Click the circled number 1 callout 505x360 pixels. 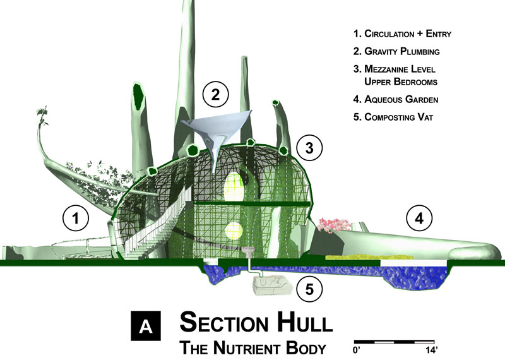[75, 218]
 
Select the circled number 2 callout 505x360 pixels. [215, 94]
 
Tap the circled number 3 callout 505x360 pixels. [309, 148]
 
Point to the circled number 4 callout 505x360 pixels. [419, 219]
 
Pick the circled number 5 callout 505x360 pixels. [309, 289]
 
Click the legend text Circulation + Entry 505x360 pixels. [408, 33]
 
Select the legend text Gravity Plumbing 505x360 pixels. [402, 51]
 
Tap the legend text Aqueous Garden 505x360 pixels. [401, 99]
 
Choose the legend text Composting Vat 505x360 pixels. [399, 117]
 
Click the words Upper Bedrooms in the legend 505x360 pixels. [401, 81]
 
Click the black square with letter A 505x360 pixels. [146, 326]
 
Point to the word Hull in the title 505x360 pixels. [305, 322]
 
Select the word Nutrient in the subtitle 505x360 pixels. [247, 348]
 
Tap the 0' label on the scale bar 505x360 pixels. [357, 350]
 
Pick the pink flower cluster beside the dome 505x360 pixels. [333, 225]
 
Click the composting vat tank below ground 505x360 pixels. [273, 285]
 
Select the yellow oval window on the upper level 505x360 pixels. [234, 184]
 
